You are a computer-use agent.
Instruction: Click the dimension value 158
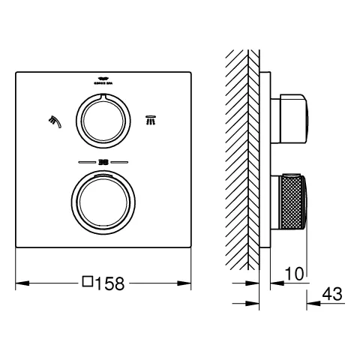point(109,283)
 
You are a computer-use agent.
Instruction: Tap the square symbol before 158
point(87,283)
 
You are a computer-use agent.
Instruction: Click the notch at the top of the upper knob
point(103,97)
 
